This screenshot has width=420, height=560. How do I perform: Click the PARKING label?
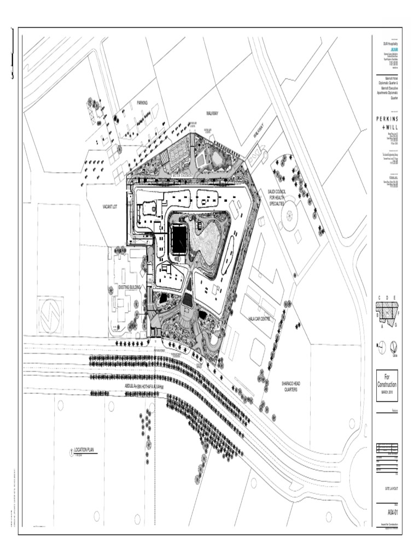tap(142, 103)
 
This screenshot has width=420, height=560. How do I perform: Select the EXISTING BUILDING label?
tap(130, 287)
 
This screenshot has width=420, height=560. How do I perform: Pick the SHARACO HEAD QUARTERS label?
tap(290, 387)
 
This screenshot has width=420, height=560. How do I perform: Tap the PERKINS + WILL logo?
tap(387, 123)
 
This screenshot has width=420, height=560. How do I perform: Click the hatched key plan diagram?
tap(387, 312)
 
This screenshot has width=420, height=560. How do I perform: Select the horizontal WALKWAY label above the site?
tap(212, 113)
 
